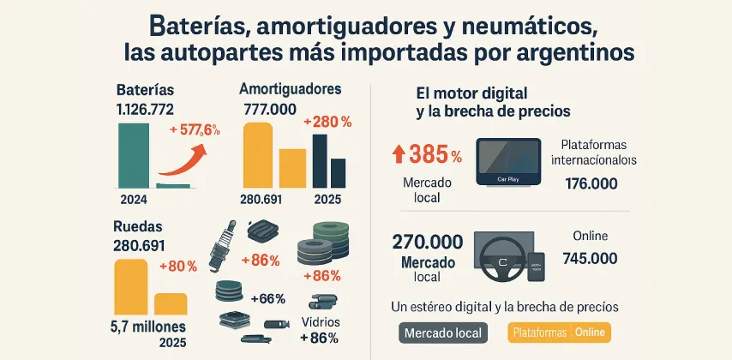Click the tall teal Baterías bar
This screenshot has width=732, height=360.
pos(133,155)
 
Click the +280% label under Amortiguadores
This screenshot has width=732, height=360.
pos(328,123)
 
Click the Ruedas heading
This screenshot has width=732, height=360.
pos(136,228)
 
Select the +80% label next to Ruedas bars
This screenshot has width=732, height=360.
pos(178,266)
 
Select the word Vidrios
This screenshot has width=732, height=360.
pos(321,321)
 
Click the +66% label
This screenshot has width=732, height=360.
pos(267,298)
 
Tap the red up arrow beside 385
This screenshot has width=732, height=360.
pos(399,154)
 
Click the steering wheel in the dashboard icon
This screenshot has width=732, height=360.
pos(499,261)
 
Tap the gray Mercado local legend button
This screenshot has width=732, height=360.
pos(442,333)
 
